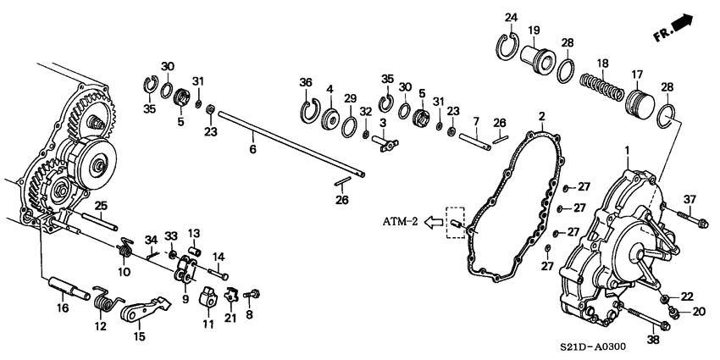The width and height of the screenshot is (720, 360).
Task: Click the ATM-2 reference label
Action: tap(397, 223)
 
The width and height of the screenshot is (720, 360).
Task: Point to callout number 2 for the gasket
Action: tap(542, 116)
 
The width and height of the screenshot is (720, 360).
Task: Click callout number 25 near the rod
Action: tap(100, 205)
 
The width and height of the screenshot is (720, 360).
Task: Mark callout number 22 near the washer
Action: tap(687, 295)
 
